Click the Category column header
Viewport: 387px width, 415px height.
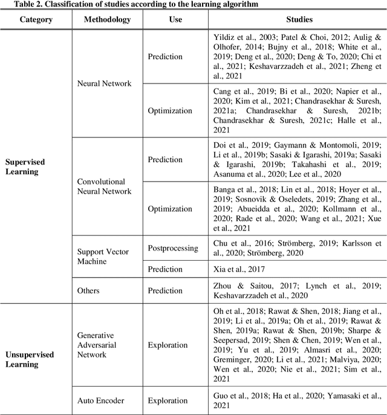click(36, 19)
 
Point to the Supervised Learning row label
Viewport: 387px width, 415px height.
click(25, 167)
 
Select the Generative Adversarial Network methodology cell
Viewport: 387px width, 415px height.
click(96, 345)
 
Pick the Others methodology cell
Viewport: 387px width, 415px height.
click(88, 290)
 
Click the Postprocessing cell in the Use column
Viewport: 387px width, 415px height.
click(173, 248)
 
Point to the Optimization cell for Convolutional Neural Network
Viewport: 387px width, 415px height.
click(170, 209)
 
